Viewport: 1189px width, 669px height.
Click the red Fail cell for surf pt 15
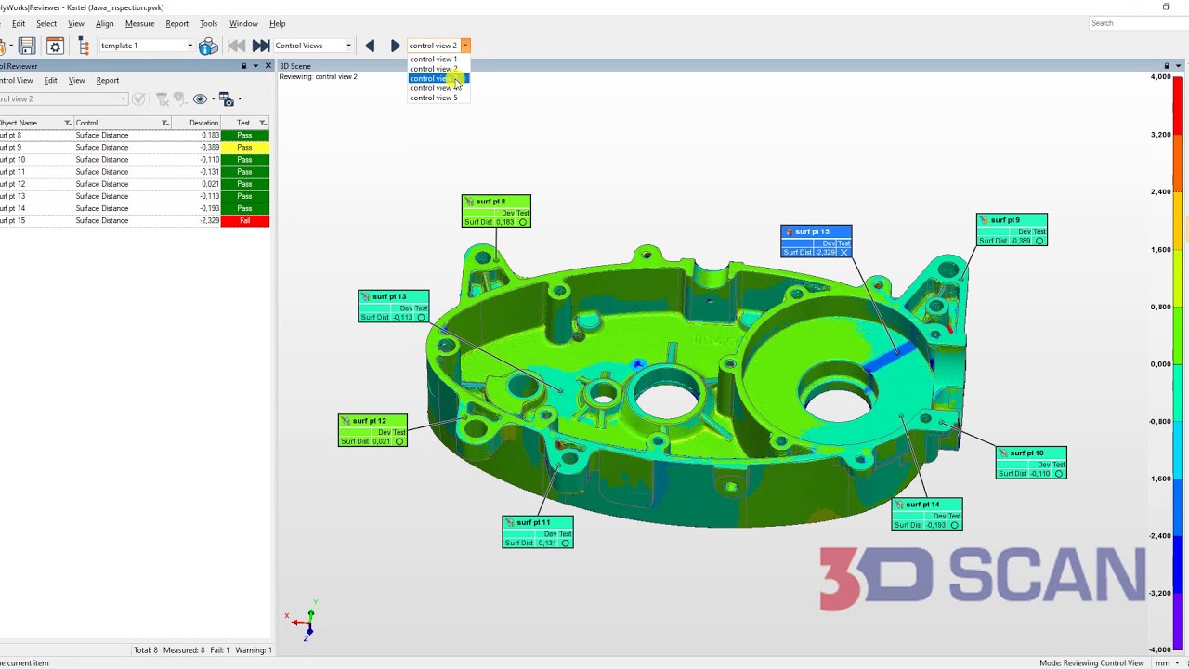click(244, 221)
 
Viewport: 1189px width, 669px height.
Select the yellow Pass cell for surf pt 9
click(244, 148)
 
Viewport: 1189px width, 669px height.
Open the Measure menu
click(139, 24)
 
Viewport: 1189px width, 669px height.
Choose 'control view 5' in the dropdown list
click(434, 98)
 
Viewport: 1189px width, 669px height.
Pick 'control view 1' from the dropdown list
click(434, 59)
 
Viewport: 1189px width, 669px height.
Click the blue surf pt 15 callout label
click(816, 242)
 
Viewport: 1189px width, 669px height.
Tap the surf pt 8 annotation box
click(496, 212)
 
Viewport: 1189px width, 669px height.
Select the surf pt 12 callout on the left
click(372, 431)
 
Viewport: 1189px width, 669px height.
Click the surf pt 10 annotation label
click(1031, 463)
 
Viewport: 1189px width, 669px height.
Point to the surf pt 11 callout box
click(538, 532)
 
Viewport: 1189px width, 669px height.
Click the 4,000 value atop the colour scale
click(1160, 77)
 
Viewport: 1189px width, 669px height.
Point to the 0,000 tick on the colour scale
click(1160, 364)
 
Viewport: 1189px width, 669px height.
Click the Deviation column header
click(203, 123)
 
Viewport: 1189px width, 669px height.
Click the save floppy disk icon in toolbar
click(27, 46)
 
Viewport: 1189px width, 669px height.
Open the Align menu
click(104, 24)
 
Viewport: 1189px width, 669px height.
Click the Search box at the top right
click(1138, 23)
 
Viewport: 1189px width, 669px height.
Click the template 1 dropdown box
click(146, 46)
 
